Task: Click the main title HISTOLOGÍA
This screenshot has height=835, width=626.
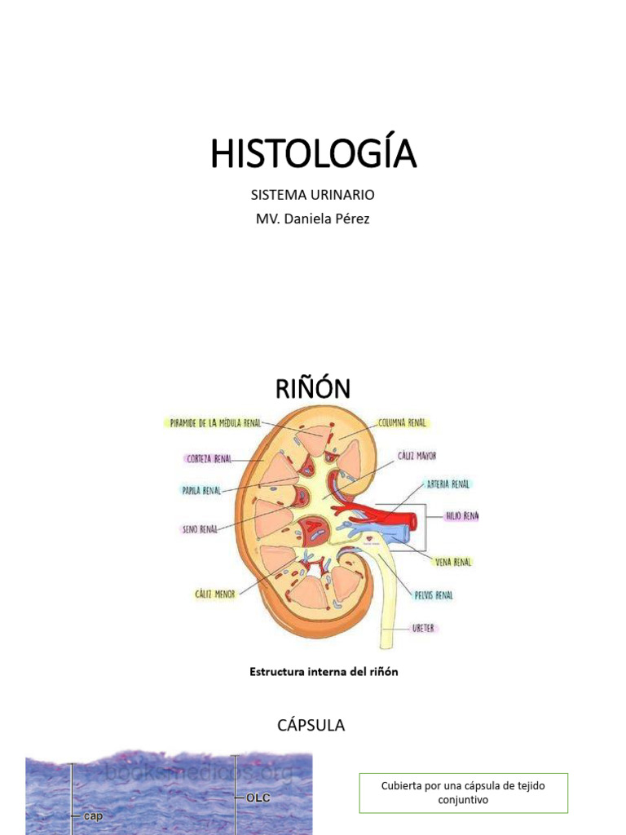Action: click(313, 153)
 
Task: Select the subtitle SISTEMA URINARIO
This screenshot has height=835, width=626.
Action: click(313, 195)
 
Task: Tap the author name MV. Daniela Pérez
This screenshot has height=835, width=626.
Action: click(313, 219)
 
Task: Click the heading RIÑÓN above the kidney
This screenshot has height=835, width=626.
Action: click(313, 389)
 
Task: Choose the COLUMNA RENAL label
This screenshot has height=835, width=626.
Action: click(403, 423)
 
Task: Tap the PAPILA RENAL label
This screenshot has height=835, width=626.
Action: click(201, 491)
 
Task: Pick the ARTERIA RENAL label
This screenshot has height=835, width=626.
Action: click(448, 484)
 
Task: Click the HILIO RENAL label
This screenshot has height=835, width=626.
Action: click(461, 515)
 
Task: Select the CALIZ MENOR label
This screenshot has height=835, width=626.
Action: click(214, 594)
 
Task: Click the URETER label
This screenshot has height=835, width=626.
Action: click(422, 629)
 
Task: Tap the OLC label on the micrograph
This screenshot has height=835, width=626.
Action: click(259, 798)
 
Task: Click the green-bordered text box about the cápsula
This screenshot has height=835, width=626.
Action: click(463, 793)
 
